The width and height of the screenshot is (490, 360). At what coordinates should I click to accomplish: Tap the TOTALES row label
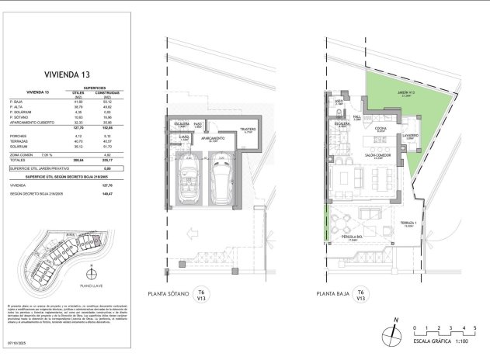point(19,157)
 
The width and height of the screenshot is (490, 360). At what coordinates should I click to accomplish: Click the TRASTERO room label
point(248,130)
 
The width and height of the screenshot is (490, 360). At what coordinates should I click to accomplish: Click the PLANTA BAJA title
point(335,295)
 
